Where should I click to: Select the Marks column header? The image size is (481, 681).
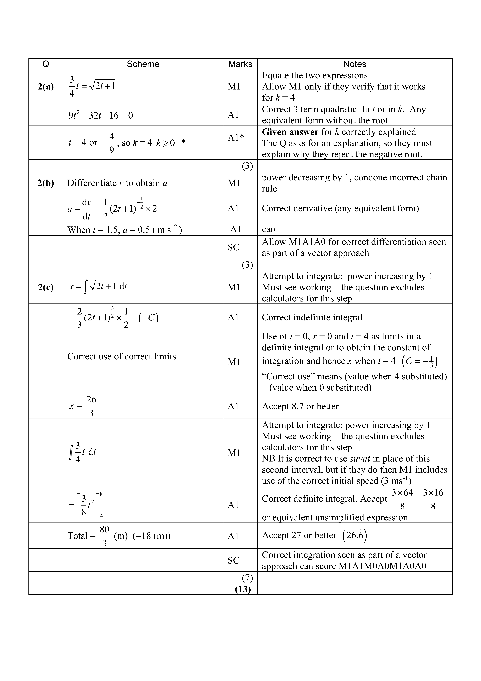point(240,64)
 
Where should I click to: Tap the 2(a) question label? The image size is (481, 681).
point(46,87)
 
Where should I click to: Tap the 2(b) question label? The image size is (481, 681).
point(46,183)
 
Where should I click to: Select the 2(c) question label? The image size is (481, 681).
point(46,287)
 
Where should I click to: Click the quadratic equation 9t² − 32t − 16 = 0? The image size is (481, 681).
point(101,115)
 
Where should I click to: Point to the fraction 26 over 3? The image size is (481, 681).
point(91,406)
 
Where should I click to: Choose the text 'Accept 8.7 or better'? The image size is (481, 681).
point(300,406)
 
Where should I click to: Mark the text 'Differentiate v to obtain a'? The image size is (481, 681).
point(117,183)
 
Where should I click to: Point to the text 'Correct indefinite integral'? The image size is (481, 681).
point(312,317)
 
